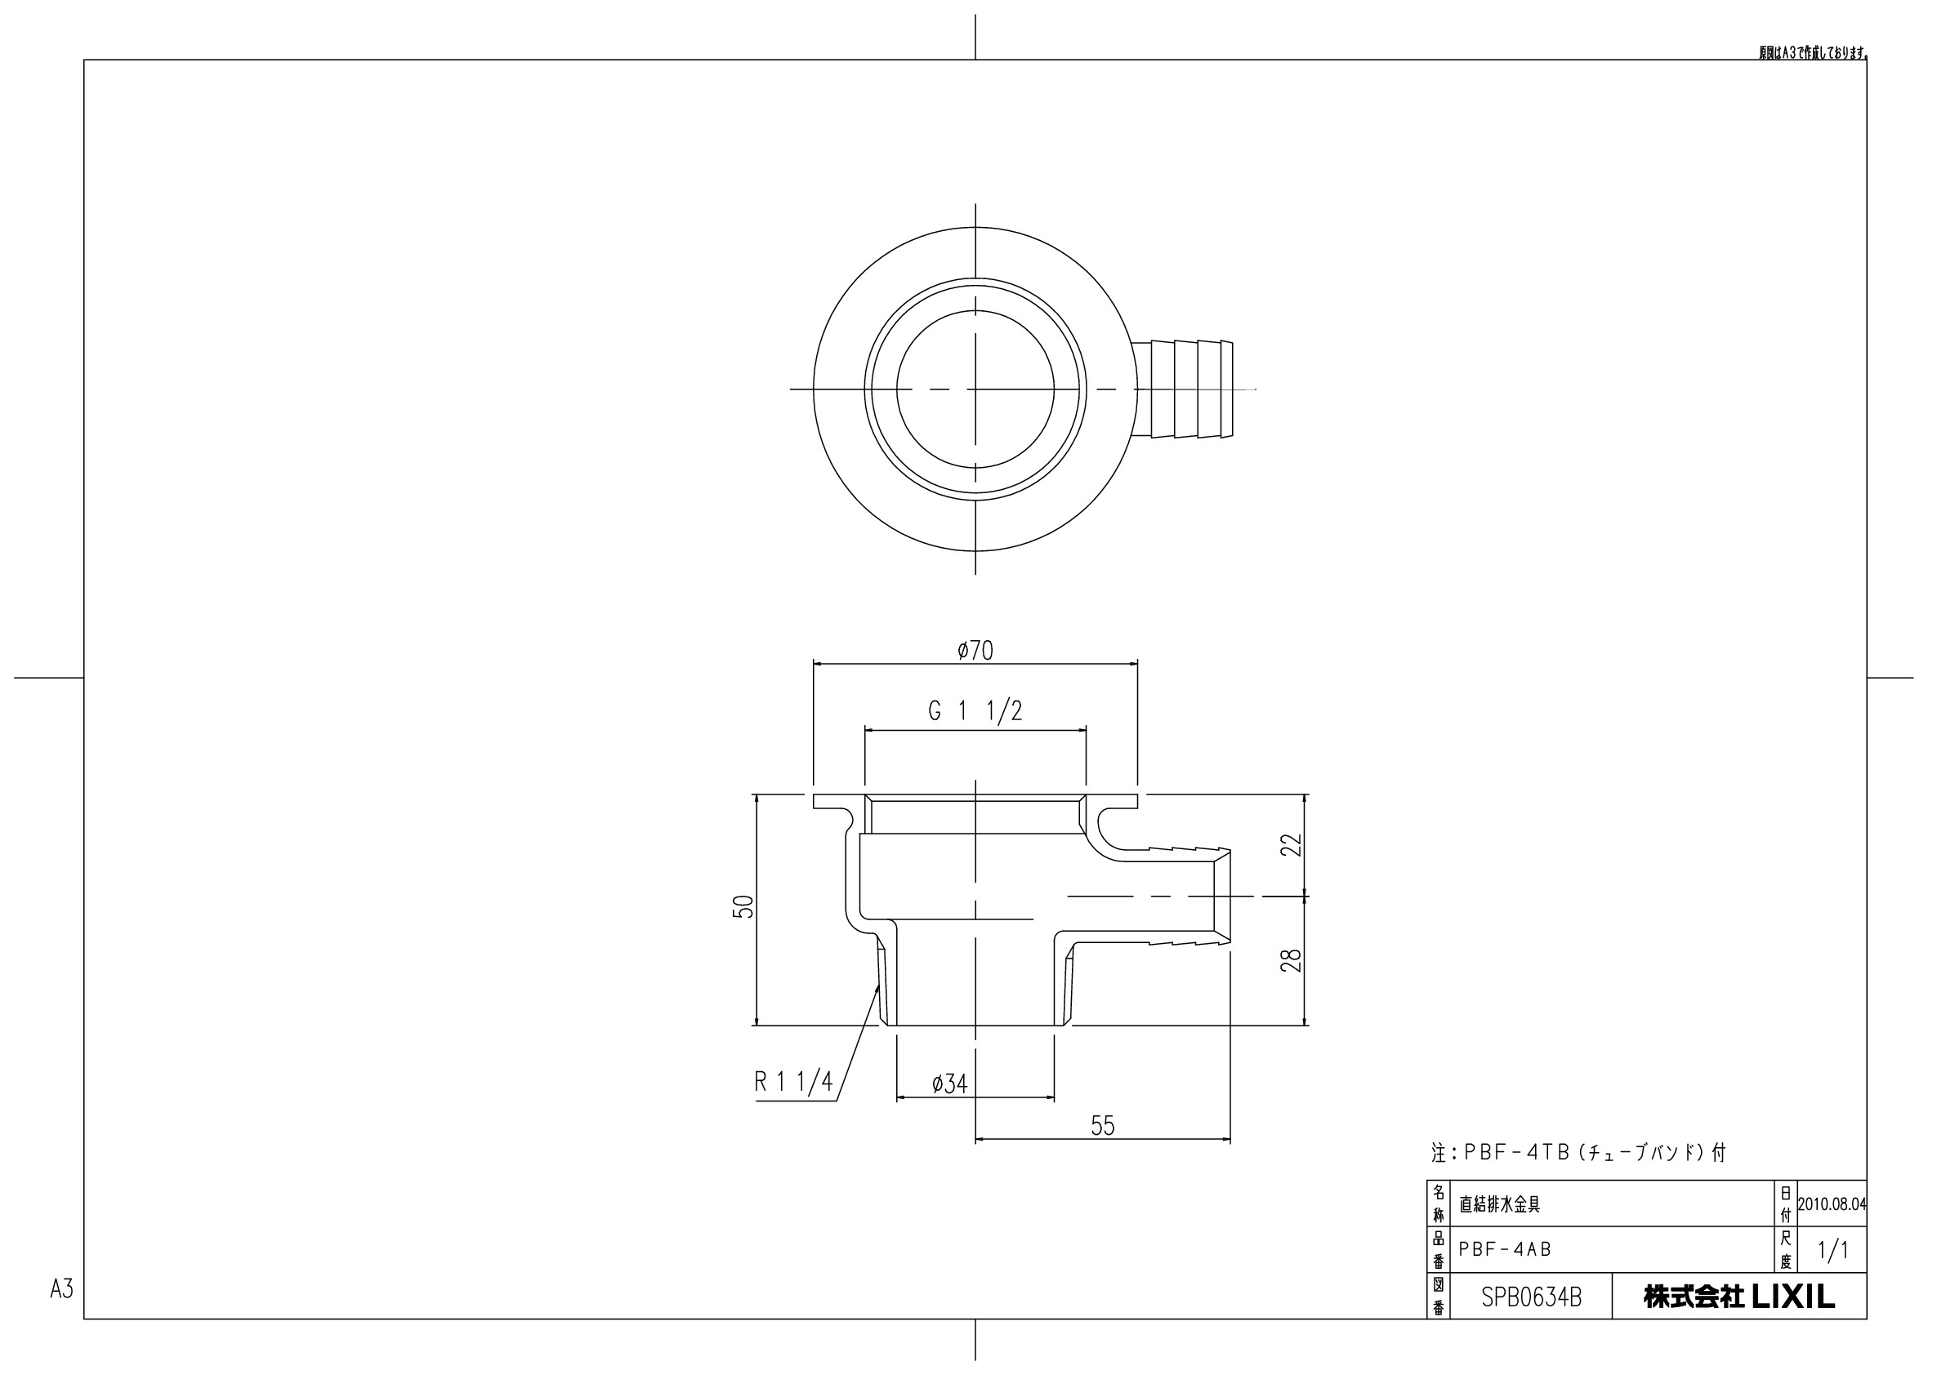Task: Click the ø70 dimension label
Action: tap(975, 651)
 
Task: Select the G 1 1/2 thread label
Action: tap(975, 712)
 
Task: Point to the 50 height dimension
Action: tap(743, 906)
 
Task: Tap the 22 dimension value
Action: tap(1291, 844)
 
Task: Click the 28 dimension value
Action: tap(1291, 960)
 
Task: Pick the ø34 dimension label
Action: tap(949, 1084)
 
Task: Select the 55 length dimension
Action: tap(1102, 1126)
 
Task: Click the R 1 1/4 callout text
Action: tap(793, 1082)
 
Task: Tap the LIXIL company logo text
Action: tap(1739, 1297)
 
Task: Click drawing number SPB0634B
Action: tap(1531, 1298)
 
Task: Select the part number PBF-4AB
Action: tap(1504, 1249)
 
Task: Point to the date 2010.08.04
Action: tap(1832, 1204)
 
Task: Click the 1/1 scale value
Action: tap(1832, 1250)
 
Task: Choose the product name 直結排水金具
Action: tap(1498, 1204)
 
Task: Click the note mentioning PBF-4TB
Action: tap(1578, 1152)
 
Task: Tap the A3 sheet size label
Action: tap(62, 1288)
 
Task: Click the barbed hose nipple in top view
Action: tap(1185, 389)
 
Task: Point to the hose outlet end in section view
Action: tap(1222, 896)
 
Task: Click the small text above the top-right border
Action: tap(1814, 52)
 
